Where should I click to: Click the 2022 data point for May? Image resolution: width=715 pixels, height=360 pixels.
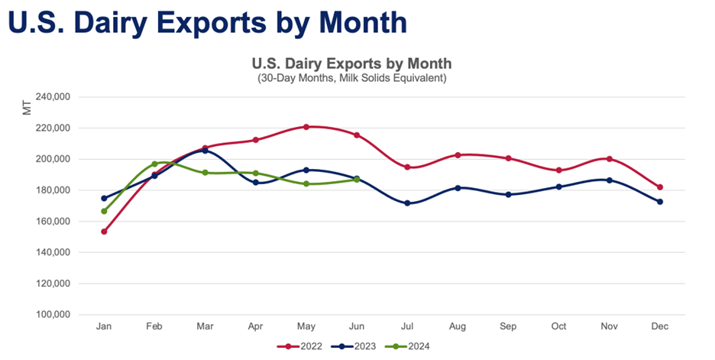point(306,127)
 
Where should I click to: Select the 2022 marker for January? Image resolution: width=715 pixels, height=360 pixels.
point(104,231)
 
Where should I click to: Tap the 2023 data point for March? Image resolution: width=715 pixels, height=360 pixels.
point(205,151)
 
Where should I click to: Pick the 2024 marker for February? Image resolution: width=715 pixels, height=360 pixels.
point(154,164)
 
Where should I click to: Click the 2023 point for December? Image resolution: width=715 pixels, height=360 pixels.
point(660,202)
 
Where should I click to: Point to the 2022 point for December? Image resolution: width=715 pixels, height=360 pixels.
point(660,187)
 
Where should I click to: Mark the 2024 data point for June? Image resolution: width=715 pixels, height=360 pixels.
point(357,179)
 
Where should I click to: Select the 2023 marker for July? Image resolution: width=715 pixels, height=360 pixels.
point(407,203)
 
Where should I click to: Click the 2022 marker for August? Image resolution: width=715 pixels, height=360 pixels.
point(458,155)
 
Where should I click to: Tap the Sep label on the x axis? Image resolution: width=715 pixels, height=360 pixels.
point(508,326)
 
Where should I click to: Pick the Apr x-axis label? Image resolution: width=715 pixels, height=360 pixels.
point(255,326)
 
